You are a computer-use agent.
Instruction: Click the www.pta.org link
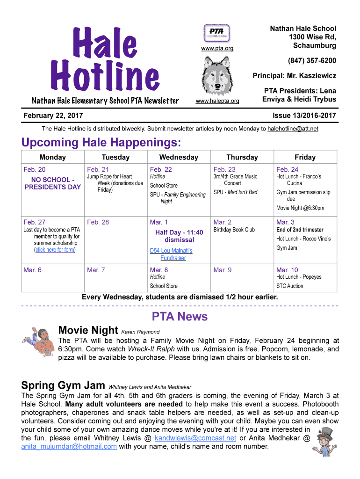[217, 48]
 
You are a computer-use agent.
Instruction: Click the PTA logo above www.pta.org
[217, 33]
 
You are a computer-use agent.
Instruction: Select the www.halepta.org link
[217, 101]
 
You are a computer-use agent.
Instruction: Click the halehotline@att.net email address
[293, 129]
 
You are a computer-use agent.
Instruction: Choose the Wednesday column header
[179, 157]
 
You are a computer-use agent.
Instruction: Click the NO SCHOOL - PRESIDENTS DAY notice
[52, 183]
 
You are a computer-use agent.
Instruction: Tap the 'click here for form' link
[55, 250]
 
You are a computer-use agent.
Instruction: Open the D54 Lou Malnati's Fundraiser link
[171, 254]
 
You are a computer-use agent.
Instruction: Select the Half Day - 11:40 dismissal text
[179, 236]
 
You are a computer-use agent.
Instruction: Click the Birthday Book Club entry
[234, 230]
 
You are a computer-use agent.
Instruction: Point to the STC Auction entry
[289, 286]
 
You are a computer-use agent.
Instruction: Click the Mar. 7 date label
[96, 270]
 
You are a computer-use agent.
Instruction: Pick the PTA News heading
[180, 317]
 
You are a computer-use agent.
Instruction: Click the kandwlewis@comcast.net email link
[195, 438]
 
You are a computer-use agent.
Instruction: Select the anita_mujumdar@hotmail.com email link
[69, 447]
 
